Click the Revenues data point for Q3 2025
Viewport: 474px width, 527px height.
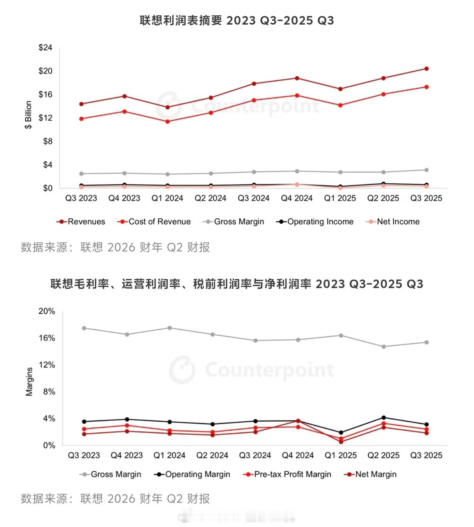click(426, 69)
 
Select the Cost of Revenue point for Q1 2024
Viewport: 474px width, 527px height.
click(167, 121)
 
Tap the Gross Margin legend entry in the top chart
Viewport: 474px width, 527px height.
click(233, 222)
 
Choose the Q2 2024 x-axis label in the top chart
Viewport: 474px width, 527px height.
click(210, 198)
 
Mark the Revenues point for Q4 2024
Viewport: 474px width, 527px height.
click(297, 78)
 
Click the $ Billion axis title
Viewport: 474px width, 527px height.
click(28, 115)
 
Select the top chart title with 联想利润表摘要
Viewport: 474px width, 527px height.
click(237, 20)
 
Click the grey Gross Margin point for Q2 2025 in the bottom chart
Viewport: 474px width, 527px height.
click(384, 347)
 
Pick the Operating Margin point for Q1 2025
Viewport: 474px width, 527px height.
click(341, 433)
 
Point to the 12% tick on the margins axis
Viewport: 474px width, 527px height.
click(46, 365)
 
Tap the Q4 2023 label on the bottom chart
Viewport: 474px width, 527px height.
click(127, 456)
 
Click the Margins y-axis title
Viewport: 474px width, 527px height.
click(29, 382)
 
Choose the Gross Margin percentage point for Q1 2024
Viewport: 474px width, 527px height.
click(170, 328)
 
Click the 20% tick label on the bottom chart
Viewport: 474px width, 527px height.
click(46, 311)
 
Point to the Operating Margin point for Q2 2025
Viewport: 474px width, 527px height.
click(384, 418)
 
